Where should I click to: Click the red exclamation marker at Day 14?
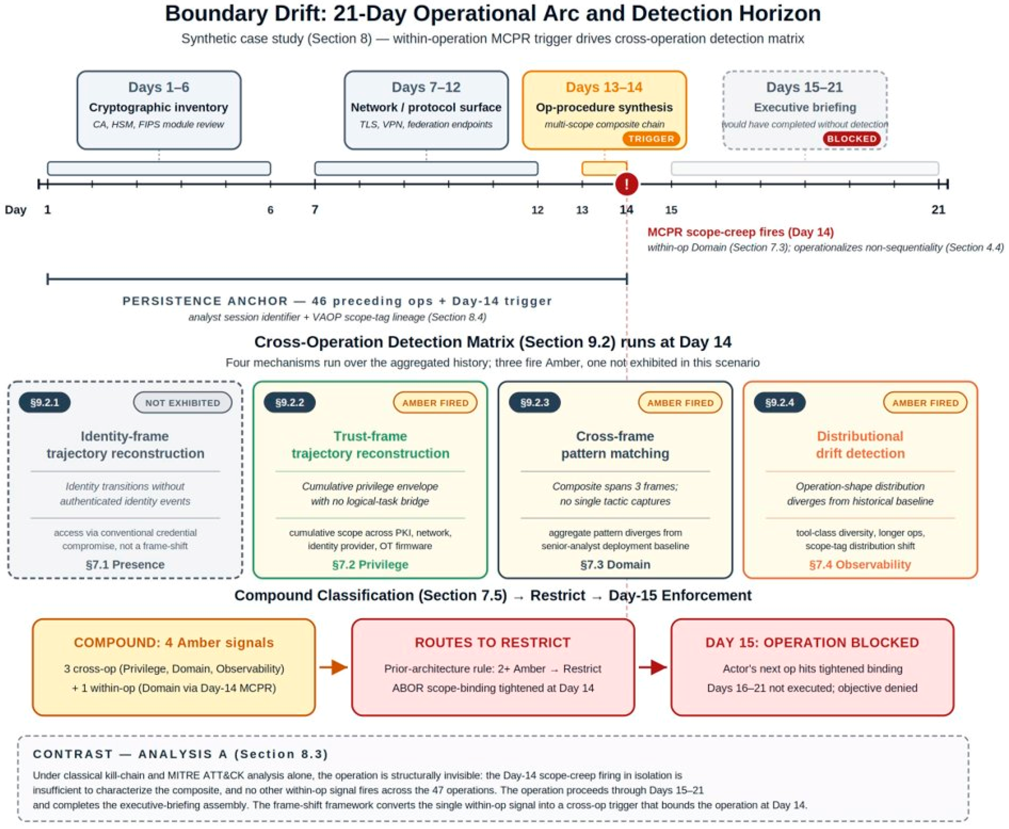pyautogui.click(x=626, y=184)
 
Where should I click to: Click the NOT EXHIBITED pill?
pyautogui.click(x=183, y=402)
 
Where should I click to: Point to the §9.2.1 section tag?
pyautogui.click(x=45, y=402)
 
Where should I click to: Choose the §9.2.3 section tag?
pyautogui.click(x=534, y=402)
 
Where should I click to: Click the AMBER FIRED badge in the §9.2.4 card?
pyautogui.click(x=925, y=402)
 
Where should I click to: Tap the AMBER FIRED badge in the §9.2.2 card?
pyautogui.click(x=435, y=402)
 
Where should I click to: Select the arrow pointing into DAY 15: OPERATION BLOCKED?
pyautogui.click(x=653, y=667)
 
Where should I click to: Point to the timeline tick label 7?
pyautogui.click(x=315, y=210)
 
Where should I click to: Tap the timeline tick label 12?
pyautogui.click(x=537, y=210)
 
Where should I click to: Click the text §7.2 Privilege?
pyautogui.click(x=370, y=564)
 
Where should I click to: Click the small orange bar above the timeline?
pyautogui.click(x=604, y=168)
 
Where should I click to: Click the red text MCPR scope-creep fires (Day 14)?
pyautogui.click(x=740, y=232)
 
